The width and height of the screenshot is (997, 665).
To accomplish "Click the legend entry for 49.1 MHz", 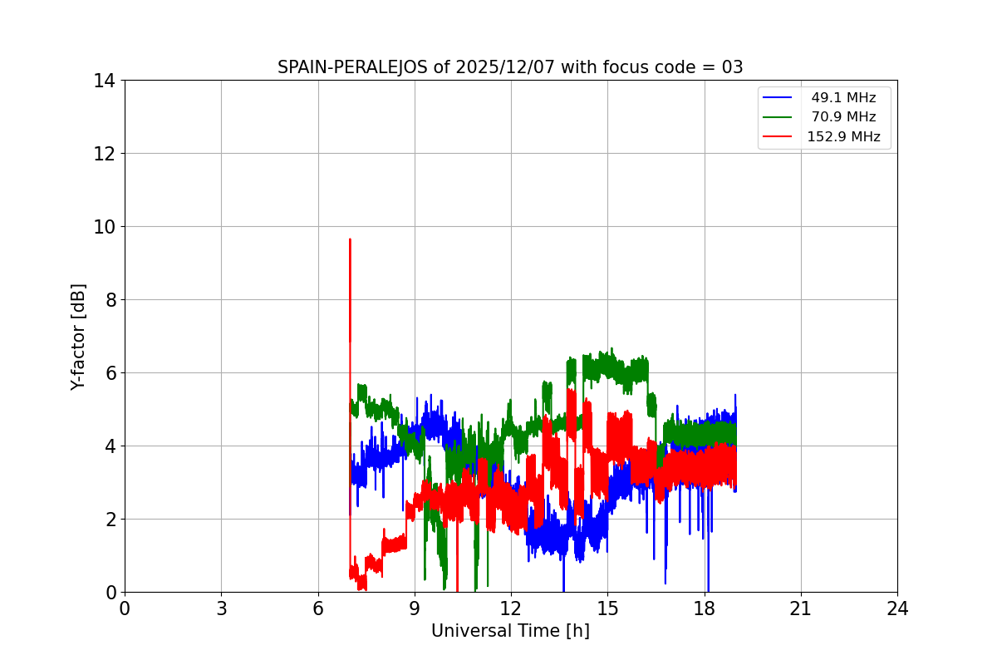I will (843, 98).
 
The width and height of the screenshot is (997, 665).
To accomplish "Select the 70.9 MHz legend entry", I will (843, 117).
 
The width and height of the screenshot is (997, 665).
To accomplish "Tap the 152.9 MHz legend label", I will (843, 137).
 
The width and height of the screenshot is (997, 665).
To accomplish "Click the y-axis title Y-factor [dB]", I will (78, 337).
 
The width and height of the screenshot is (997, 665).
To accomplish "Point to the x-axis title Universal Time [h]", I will (510, 631).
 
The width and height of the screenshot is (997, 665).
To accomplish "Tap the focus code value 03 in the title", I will (732, 67).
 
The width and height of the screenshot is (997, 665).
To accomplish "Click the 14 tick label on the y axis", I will (104, 81).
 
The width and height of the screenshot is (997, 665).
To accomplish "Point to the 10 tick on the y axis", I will (104, 227).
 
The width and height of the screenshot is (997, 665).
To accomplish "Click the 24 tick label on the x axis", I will (897, 608).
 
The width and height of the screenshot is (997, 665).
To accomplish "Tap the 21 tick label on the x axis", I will (801, 608).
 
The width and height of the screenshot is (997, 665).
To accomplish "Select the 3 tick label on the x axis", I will (221, 608).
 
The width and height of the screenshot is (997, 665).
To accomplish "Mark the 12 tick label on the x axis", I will (511, 608).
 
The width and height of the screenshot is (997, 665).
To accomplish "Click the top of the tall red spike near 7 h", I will (350, 239).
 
